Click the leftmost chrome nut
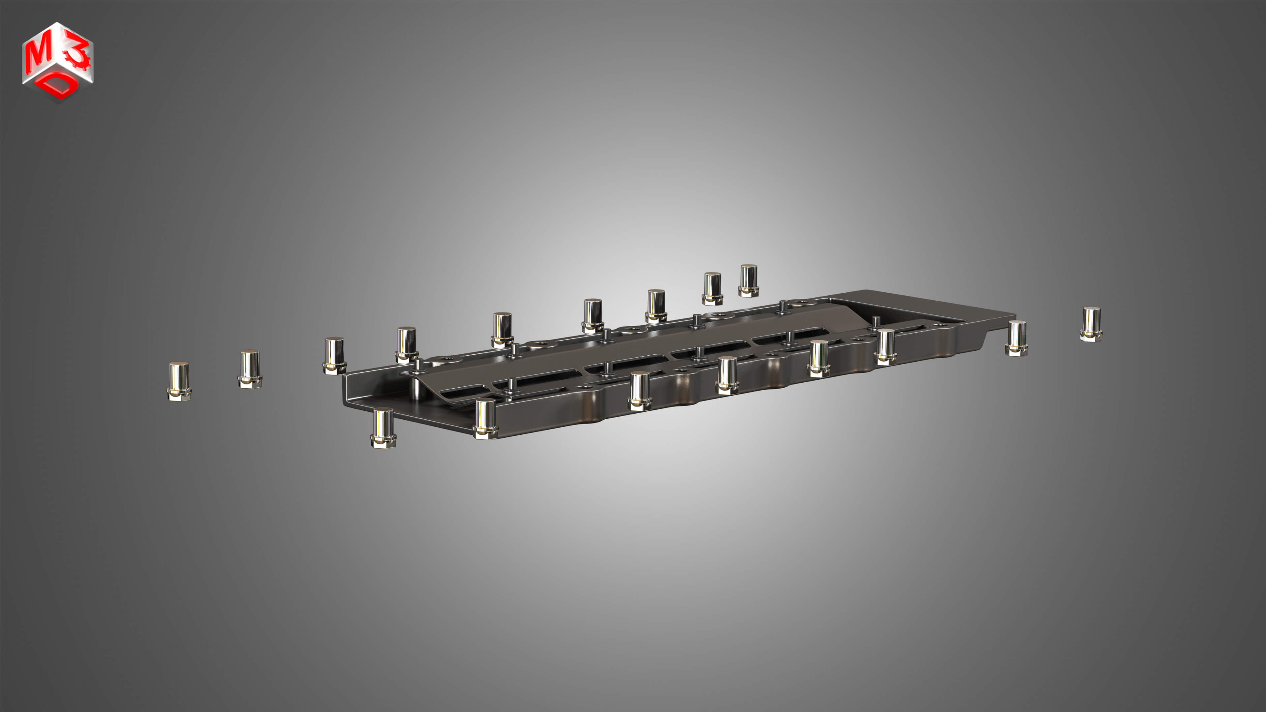[179, 381]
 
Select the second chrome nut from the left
[250, 369]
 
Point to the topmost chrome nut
[748, 280]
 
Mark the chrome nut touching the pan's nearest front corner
[485, 418]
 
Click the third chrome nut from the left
[335, 355]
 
